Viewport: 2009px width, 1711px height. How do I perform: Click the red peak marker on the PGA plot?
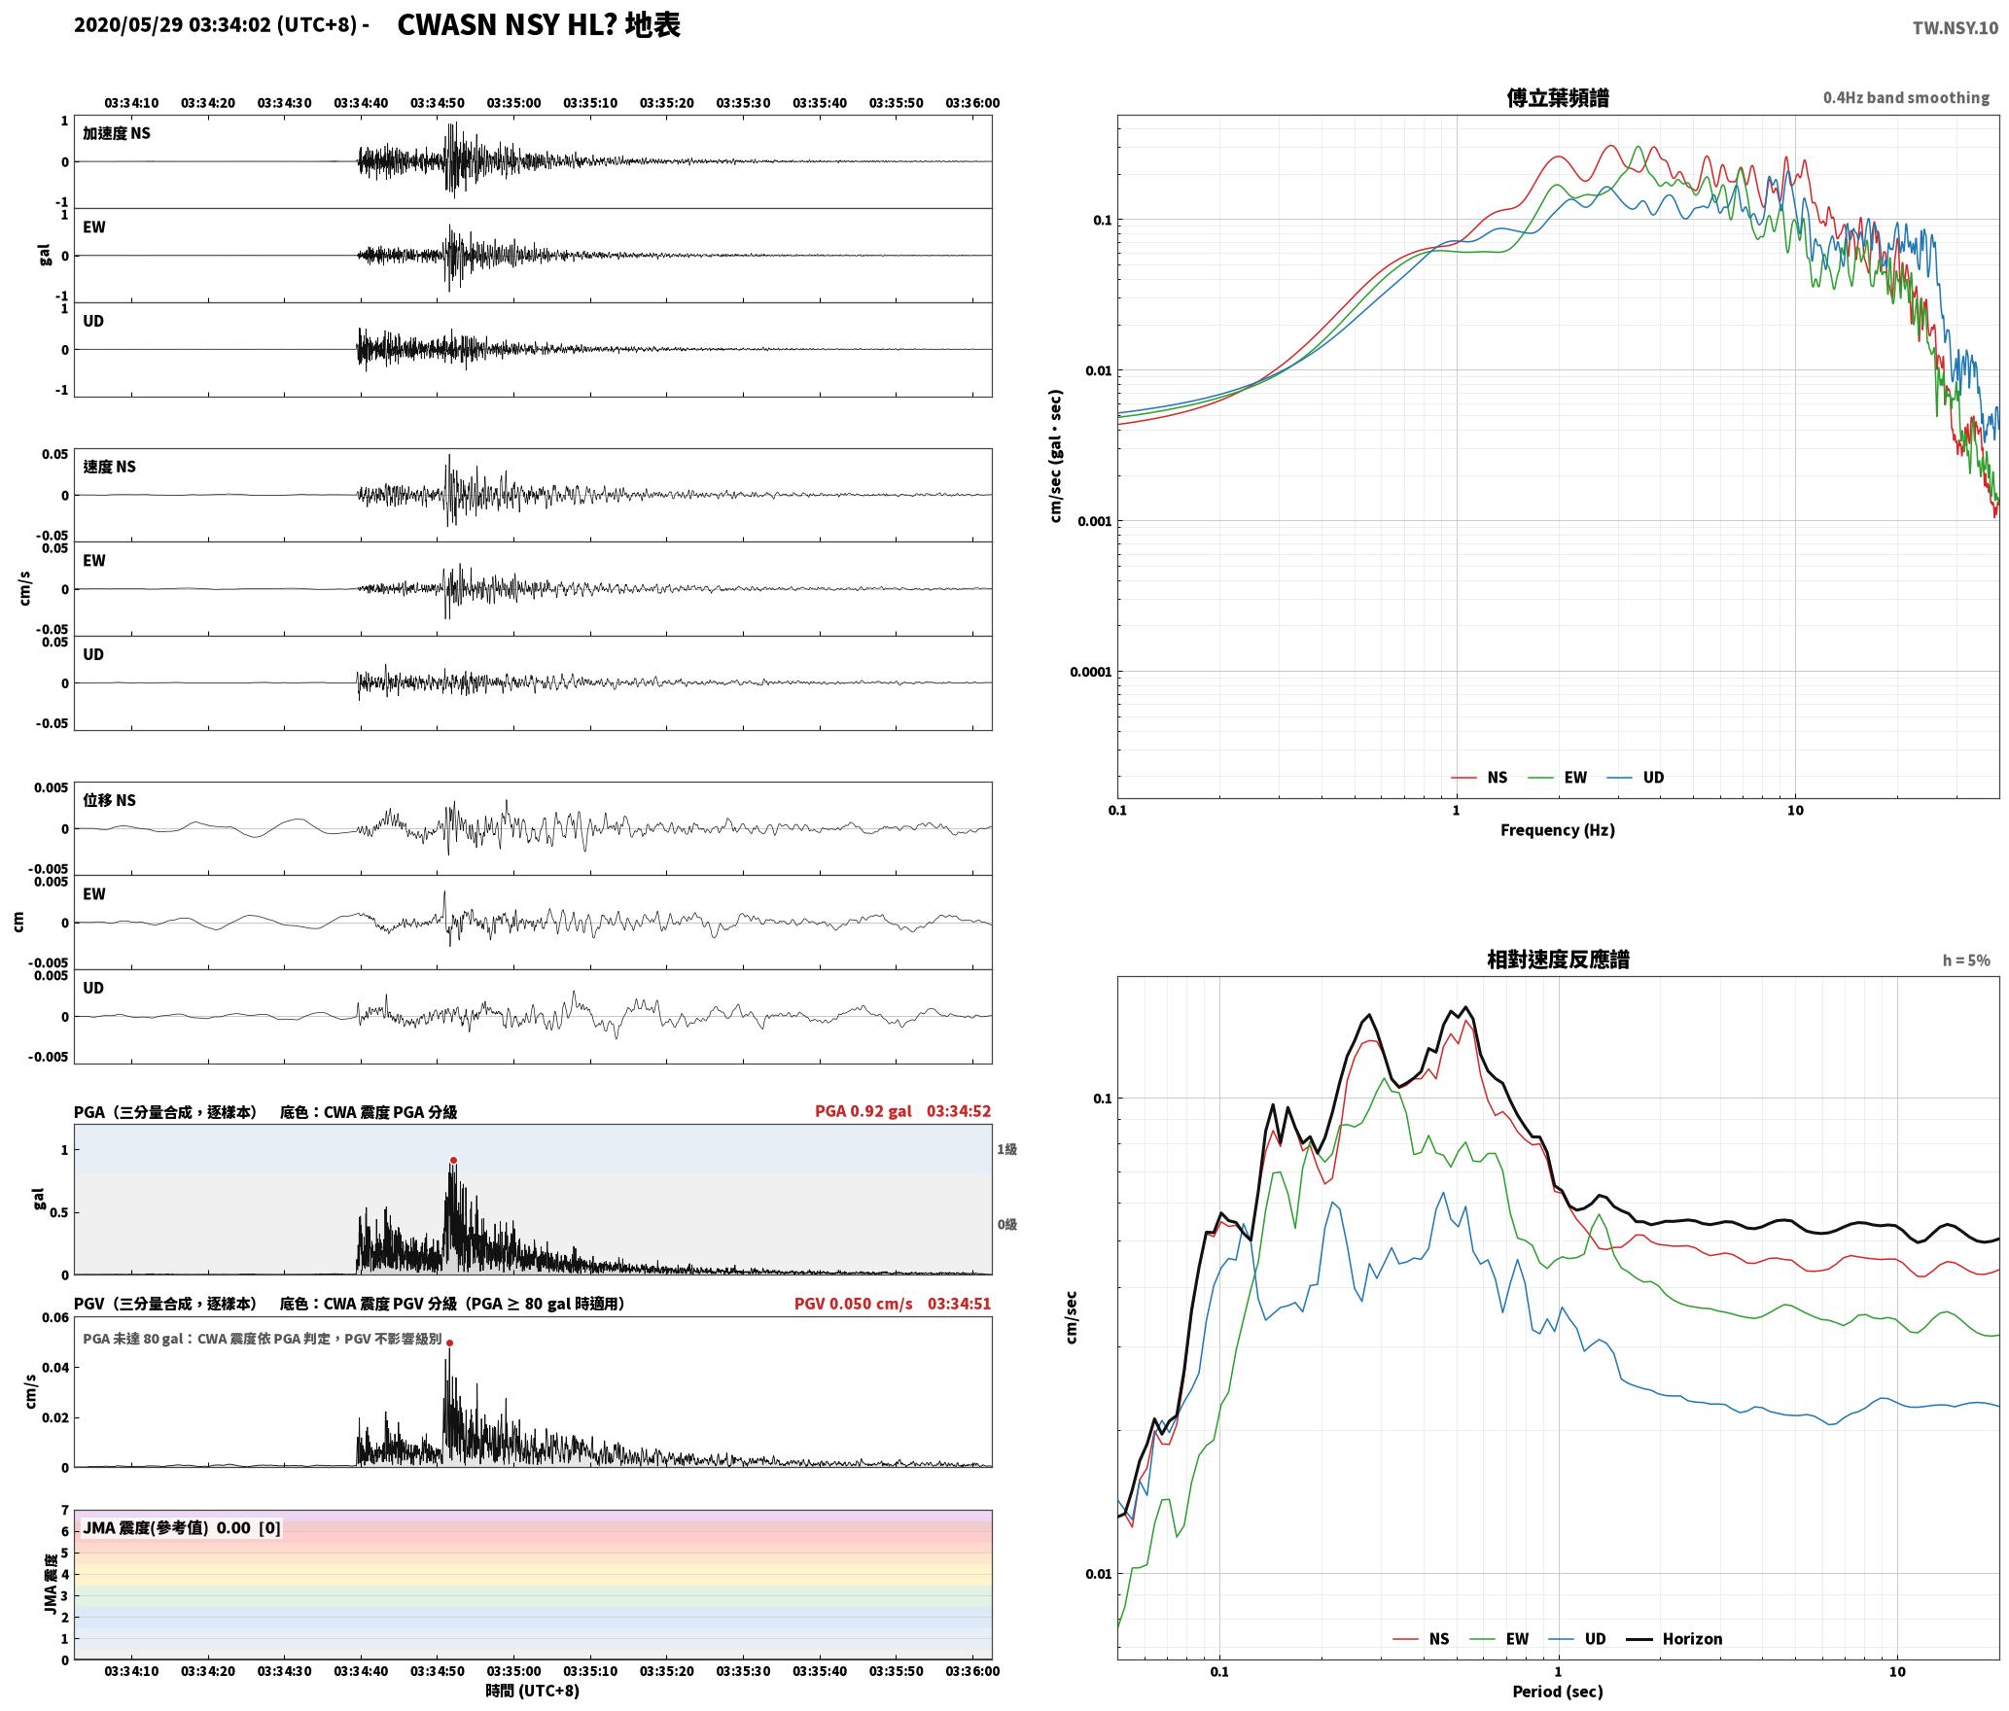(x=453, y=1161)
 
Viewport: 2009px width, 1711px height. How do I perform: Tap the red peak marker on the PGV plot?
(x=449, y=1343)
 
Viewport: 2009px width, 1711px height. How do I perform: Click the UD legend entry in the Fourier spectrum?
(x=1636, y=777)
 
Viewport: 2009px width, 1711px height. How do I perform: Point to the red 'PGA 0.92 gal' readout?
(x=864, y=1111)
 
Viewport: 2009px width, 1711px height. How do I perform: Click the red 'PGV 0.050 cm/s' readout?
(x=854, y=1303)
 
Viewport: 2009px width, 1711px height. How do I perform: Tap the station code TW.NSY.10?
(x=1956, y=28)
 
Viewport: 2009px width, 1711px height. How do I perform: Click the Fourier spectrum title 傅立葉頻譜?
(x=1558, y=97)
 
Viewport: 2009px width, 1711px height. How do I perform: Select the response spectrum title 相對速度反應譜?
(x=1558, y=960)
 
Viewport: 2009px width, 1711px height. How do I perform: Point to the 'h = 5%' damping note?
(x=1966, y=960)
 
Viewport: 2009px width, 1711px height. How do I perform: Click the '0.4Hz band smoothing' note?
(x=1906, y=97)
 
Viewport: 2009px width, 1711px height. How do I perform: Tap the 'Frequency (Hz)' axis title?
(x=1558, y=829)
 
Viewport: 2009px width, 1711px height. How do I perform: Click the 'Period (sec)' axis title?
(x=1558, y=1691)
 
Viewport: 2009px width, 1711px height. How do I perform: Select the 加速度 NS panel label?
(x=117, y=133)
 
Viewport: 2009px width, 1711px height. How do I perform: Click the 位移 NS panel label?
(x=109, y=800)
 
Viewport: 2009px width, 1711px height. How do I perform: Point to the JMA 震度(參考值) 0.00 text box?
(x=182, y=1527)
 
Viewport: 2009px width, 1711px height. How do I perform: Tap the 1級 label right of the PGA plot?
(x=1006, y=1149)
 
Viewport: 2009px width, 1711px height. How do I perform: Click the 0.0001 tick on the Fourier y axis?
(x=1090, y=672)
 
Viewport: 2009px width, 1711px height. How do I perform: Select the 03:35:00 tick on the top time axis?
(x=513, y=103)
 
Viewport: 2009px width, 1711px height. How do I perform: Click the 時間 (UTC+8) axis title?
(x=533, y=1691)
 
